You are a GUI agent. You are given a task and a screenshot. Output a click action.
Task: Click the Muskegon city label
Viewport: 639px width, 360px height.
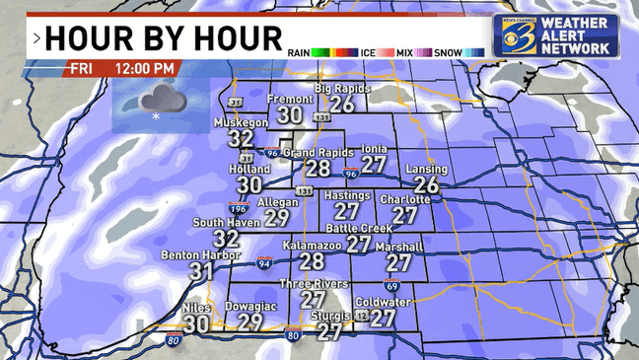tap(242, 122)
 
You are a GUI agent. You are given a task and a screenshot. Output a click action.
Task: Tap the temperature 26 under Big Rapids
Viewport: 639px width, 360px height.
tap(342, 104)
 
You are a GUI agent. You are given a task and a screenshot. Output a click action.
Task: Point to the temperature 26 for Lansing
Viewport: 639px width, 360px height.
tap(426, 184)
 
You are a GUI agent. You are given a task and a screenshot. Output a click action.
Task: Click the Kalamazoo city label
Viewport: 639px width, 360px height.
tap(312, 244)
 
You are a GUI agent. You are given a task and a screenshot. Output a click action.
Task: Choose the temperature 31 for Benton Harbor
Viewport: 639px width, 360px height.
tap(202, 270)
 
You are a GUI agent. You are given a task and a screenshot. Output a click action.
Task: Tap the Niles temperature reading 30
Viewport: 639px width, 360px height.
tap(196, 323)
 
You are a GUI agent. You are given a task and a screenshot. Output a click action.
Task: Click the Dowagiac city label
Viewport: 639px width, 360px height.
tap(250, 306)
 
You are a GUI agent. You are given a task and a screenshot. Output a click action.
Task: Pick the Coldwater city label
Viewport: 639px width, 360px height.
tap(383, 302)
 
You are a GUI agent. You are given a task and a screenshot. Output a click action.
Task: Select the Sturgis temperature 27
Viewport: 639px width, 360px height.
tap(329, 332)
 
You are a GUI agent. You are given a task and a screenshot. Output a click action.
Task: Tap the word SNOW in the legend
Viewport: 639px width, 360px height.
tap(448, 51)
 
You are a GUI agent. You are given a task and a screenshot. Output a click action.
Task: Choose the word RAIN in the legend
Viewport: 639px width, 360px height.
tap(299, 51)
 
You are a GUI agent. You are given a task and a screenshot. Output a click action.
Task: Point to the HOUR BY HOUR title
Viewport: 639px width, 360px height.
tap(162, 38)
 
